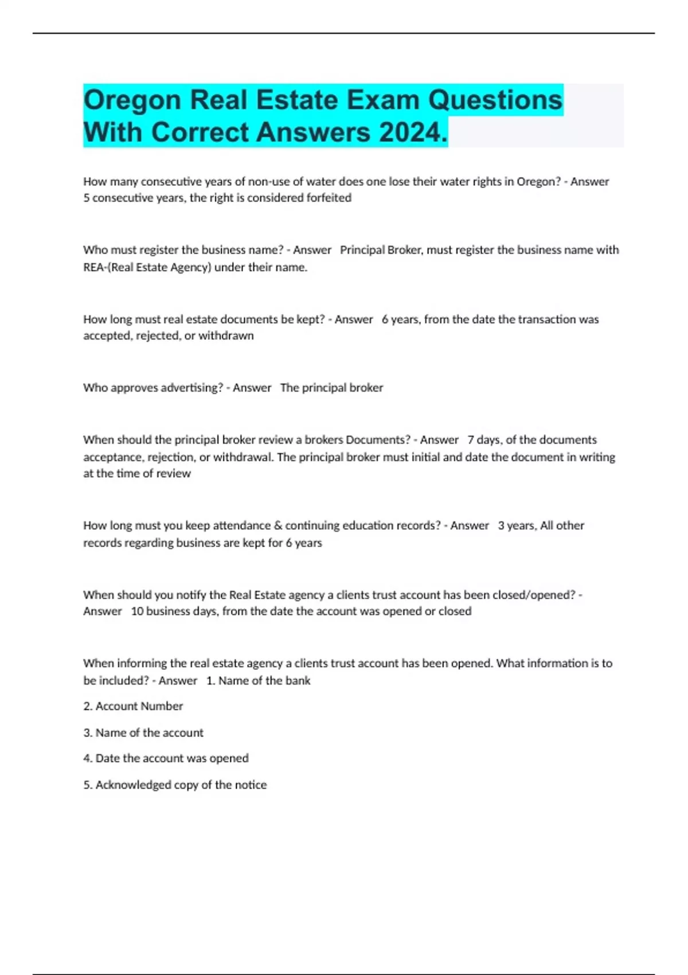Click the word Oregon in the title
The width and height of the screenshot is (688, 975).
click(132, 100)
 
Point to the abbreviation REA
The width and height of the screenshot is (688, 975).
click(93, 267)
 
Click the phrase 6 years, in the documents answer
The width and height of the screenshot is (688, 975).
click(401, 319)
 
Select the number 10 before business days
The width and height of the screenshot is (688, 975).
click(137, 611)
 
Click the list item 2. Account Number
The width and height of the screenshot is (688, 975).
click(133, 707)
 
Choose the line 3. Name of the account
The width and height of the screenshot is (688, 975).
click(143, 733)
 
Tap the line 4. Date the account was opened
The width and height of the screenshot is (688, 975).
click(166, 758)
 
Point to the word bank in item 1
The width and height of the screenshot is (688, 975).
click(298, 681)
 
